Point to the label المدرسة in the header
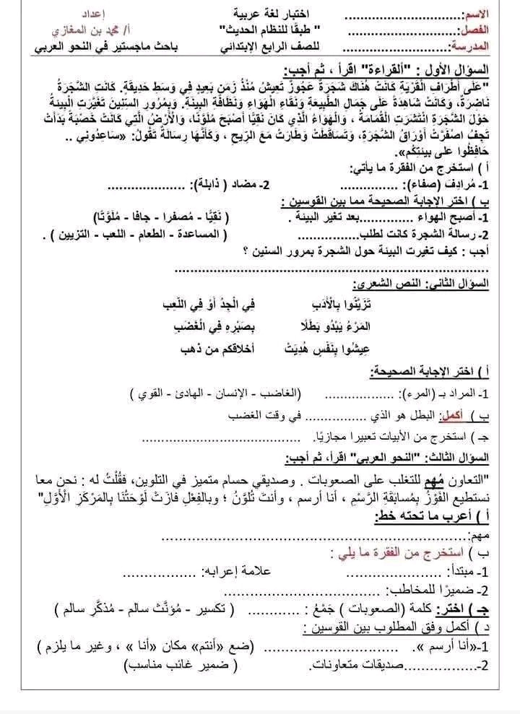[469, 47]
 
